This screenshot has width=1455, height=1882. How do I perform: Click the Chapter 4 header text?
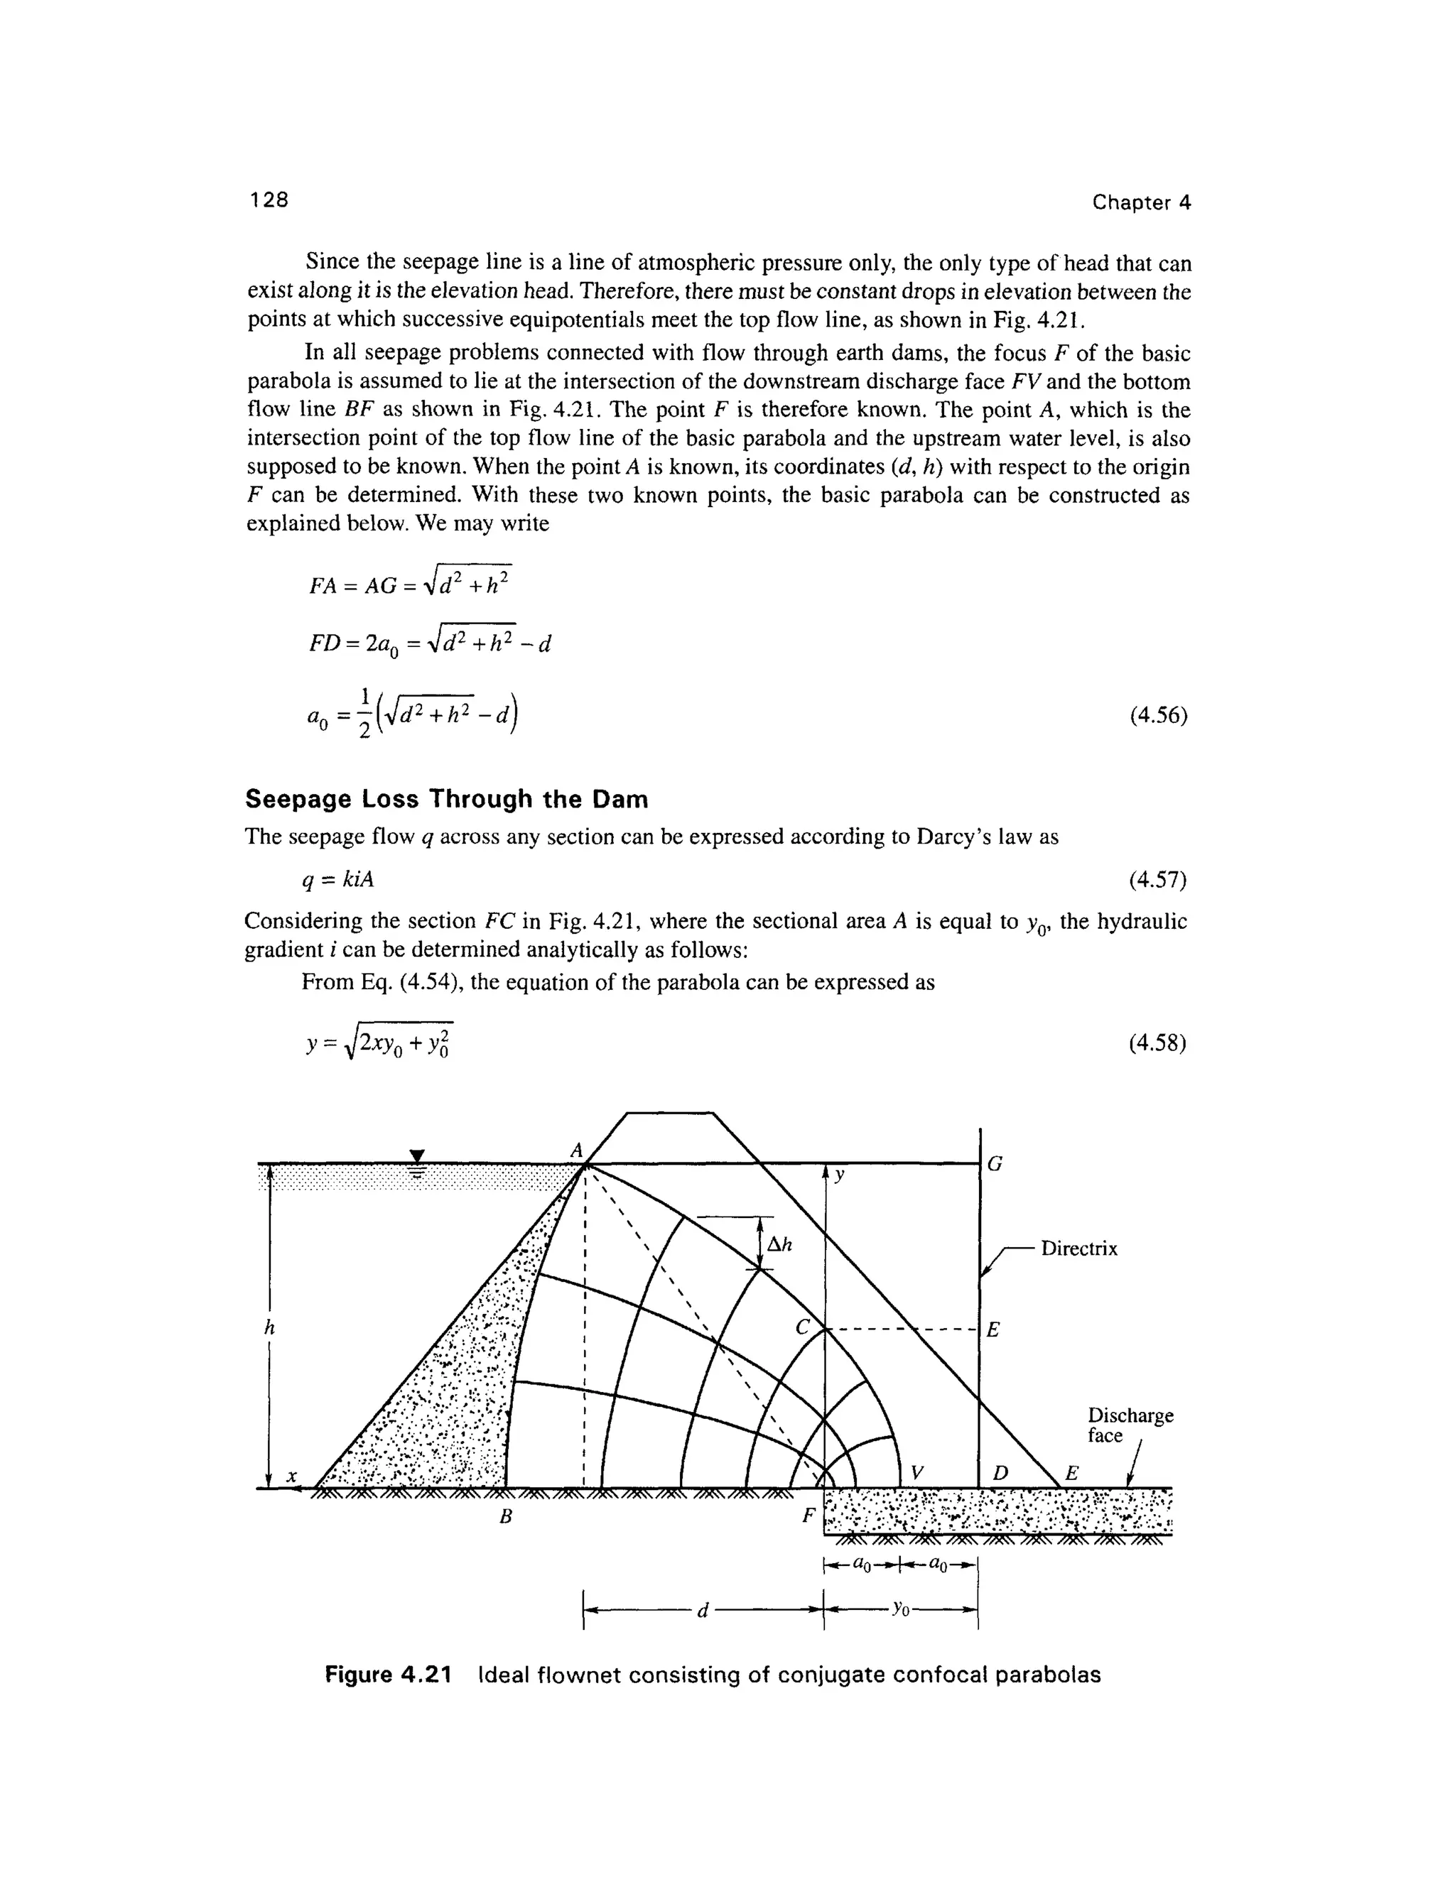click(x=1140, y=202)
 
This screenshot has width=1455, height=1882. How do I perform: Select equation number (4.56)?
click(x=1157, y=715)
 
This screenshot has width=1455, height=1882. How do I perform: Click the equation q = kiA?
click(x=337, y=879)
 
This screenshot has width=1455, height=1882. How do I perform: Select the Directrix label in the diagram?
click(x=1078, y=1249)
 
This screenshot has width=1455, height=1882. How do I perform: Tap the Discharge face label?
click(x=1129, y=1425)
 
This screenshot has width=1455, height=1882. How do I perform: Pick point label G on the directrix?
click(x=994, y=1165)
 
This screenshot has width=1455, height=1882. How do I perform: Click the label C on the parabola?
click(x=803, y=1328)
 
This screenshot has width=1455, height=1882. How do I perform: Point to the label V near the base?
click(x=917, y=1474)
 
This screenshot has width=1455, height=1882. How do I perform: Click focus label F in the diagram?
click(x=808, y=1515)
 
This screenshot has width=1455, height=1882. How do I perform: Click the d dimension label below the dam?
click(x=703, y=1611)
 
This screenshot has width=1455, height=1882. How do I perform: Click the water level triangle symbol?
click(x=417, y=1155)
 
